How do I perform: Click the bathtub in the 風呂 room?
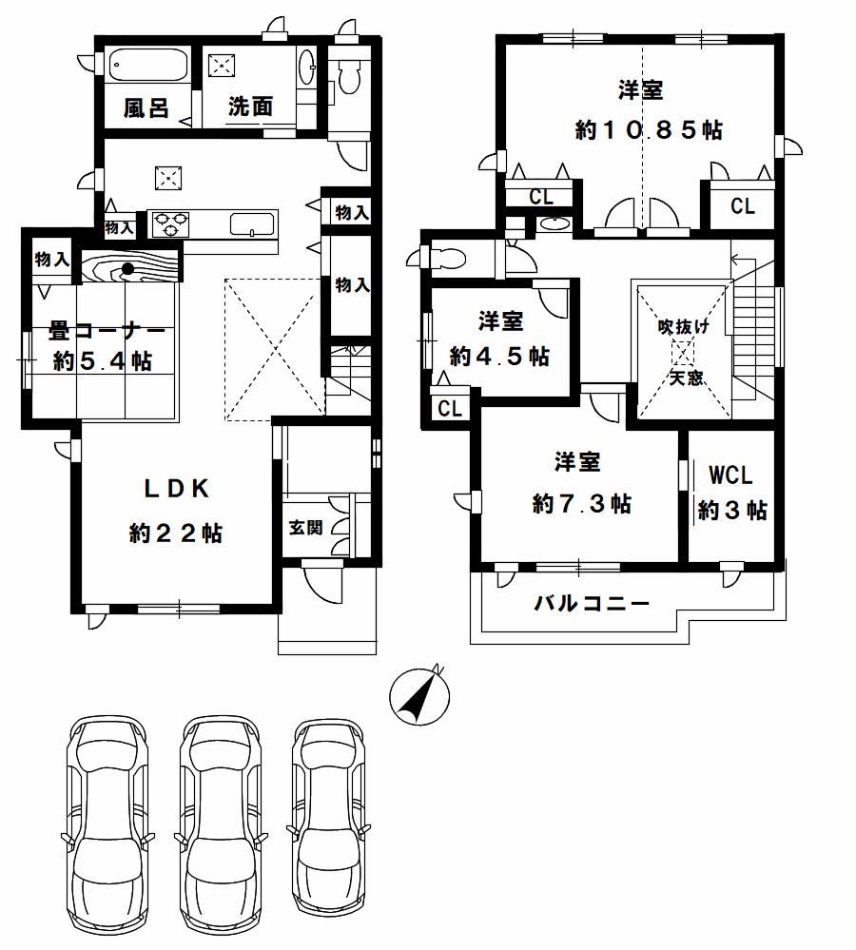(x=147, y=65)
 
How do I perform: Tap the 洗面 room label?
(x=250, y=107)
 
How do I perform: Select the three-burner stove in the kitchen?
(x=171, y=223)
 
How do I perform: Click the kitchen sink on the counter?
(x=253, y=223)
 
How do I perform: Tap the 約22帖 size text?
(x=176, y=533)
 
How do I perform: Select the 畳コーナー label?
(x=107, y=332)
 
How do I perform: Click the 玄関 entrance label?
(x=305, y=528)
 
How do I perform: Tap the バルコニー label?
(x=592, y=604)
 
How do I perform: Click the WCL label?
(x=730, y=475)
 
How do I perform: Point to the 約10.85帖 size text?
(x=649, y=129)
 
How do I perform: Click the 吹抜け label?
(x=683, y=327)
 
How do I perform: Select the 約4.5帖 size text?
(x=499, y=357)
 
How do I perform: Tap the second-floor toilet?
(x=439, y=258)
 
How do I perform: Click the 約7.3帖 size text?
(x=581, y=503)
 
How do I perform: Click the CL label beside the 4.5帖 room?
(x=450, y=409)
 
